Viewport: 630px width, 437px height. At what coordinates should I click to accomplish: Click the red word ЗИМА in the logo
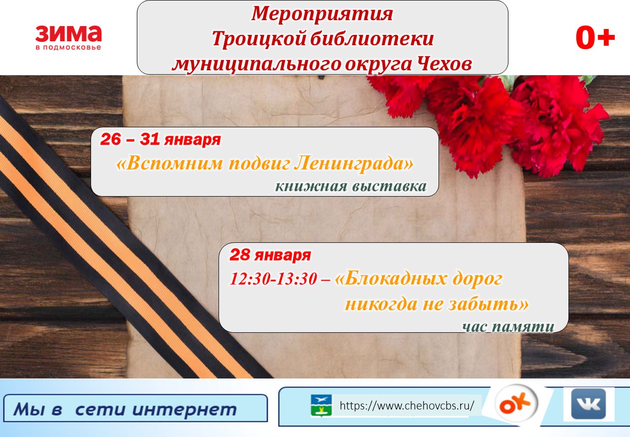click(x=68, y=34)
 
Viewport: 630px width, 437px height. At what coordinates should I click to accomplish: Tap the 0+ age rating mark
click(x=595, y=38)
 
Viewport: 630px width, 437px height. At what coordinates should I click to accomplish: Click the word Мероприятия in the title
click(x=322, y=13)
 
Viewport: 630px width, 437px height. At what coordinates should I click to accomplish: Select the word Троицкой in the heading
click(x=259, y=38)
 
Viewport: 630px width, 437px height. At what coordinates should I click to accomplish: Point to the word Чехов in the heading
click(x=444, y=64)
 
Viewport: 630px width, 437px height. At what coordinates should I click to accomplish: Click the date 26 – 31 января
click(x=160, y=139)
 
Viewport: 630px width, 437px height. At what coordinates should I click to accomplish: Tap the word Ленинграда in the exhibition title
click(x=354, y=163)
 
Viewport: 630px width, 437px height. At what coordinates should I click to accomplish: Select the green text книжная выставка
click(x=351, y=186)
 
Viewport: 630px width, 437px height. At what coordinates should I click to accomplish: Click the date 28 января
click(x=270, y=255)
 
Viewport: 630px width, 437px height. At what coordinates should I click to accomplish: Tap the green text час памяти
click(x=508, y=326)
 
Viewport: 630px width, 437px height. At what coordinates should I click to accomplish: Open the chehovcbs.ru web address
click(x=407, y=406)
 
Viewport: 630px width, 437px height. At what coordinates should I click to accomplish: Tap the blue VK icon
click(x=588, y=404)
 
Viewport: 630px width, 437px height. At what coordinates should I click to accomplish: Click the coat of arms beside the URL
click(x=321, y=406)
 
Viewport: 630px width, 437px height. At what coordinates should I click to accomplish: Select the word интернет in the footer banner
click(x=185, y=409)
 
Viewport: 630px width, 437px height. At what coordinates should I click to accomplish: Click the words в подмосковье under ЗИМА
click(x=68, y=47)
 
